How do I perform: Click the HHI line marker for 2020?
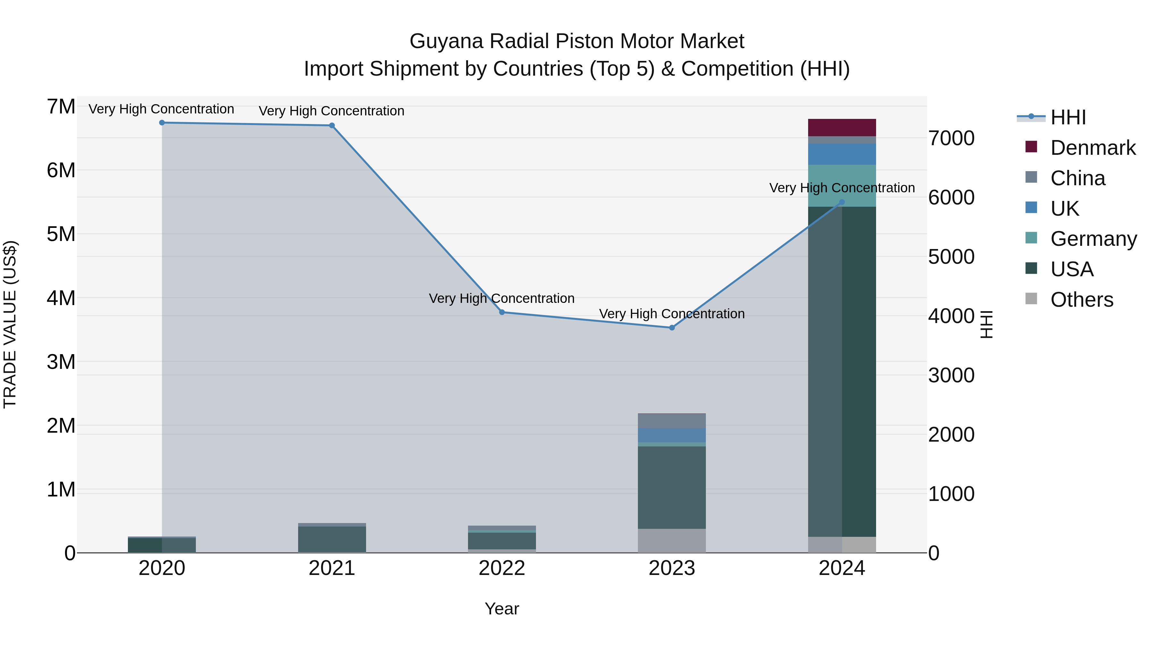pyautogui.click(x=162, y=123)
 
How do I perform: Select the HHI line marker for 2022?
pyautogui.click(x=502, y=312)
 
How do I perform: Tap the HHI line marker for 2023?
pyautogui.click(x=672, y=328)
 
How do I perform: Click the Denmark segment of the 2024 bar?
pyautogui.click(x=842, y=128)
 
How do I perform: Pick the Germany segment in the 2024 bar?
pyautogui.click(x=842, y=186)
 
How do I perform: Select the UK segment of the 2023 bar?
pyautogui.click(x=672, y=435)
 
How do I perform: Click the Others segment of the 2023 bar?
pyautogui.click(x=672, y=541)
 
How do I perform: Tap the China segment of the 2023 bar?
pyautogui.click(x=672, y=421)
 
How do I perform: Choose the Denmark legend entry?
pyautogui.click(x=1093, y=148)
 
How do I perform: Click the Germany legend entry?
pyautogui.click(x=1093, y=239)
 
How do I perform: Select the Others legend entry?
pyautogui.click(x=1082, y=300)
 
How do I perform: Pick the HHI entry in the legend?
pyautogui.click(x=1068, y=117)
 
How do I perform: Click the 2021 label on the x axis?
pyautogui.click(x=331, y=568)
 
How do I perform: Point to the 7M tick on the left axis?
pyautogui.click(x=61, y=107)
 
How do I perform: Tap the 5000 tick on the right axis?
pyautogui.click(x=951, y=257)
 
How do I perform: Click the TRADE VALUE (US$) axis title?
pyautogui.click(x=10, y=324)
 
